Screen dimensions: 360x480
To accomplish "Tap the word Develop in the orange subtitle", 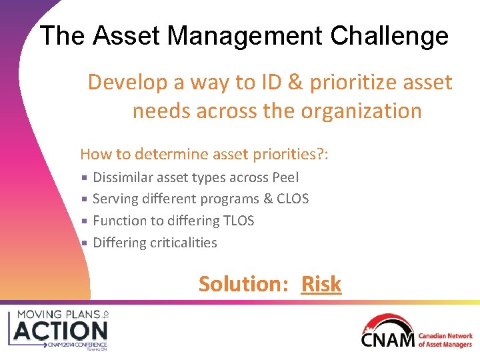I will pyautogui.click(x=127, y=82).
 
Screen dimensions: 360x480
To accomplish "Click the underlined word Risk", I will pyautogui.click(x=321, y=284).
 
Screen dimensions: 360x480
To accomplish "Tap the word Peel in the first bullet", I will pyautogui.click(x=285, y=177).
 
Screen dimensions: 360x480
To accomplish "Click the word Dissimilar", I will pyautogui.click(x=123, y=177).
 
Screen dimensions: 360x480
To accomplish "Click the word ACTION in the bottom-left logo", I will pyautogui.click(x=61, y=330).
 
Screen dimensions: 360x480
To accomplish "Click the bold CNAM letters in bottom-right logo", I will pyautogui.click(x=387, y=340).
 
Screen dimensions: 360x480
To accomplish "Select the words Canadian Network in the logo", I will pyautogui.click(x=445, y=337).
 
